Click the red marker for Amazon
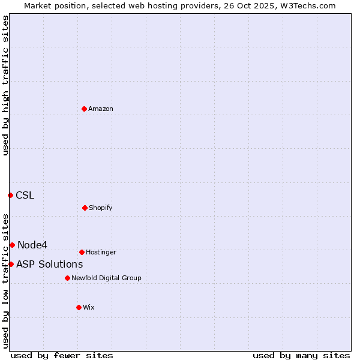click(84, 109)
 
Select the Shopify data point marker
click(85, 208)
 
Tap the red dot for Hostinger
click(82, 252)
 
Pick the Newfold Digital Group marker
click(67, 278)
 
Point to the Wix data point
click(79, 307)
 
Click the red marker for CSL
click(10, 195)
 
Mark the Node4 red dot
click(12, 245)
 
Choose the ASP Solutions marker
click(11, 264)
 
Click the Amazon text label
click(101, 109)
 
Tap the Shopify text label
click(100, 208)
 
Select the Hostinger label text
click(101, 252)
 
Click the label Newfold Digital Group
click(106, 278)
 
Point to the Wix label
click(89, 307)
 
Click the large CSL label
click(25, 195)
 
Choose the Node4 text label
click(32, 245)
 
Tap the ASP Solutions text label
click(49, 264)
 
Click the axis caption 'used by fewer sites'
click(62, 355)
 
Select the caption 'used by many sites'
click(301, 355)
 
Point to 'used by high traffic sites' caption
click(5, 85)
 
